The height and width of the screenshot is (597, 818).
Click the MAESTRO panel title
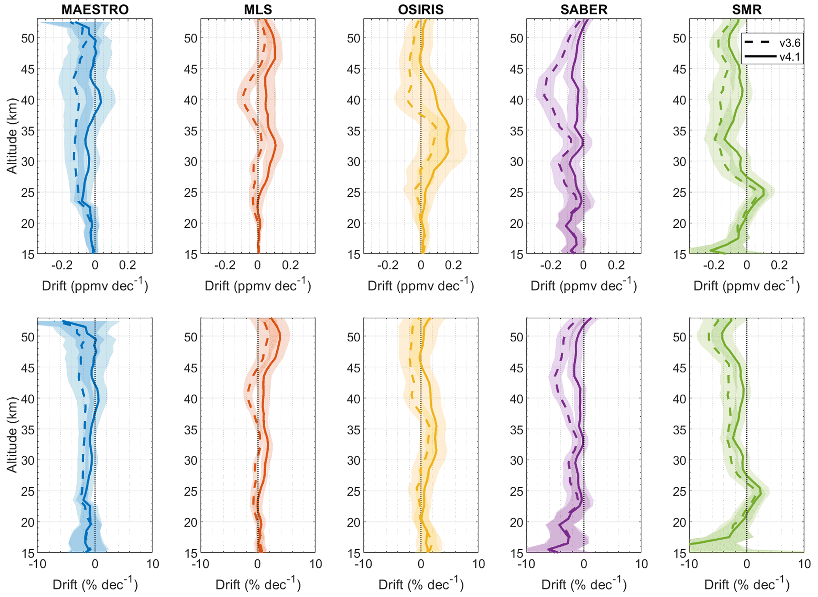(95, 10)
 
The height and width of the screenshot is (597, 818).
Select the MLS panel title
(258, 10)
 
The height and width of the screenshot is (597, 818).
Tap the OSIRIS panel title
(421, 10)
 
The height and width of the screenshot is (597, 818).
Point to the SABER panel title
(584, 10)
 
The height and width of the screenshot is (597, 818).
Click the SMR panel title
(747, 10)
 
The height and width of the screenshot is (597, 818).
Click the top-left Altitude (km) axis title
(12, 136)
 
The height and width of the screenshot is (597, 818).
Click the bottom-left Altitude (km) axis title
(12, 435)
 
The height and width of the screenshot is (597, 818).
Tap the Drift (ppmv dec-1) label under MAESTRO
(95, 285)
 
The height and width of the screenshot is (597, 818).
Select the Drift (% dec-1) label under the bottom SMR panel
(747, 584)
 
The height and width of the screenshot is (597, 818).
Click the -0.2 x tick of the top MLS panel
(225, 265)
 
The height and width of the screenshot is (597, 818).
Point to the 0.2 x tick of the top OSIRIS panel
(453, 265)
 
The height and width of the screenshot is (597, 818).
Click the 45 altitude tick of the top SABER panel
(516, 69)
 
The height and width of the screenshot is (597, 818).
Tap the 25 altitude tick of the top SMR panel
(679, 193)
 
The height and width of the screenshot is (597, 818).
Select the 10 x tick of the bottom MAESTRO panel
(153, 564)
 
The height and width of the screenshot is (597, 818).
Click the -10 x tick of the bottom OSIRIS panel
(363, 564)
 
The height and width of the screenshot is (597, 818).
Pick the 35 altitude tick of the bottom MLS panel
(191, 430)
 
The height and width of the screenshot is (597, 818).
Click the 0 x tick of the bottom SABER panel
(584, 564)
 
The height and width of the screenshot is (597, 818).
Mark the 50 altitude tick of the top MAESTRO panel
(28, 38)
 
